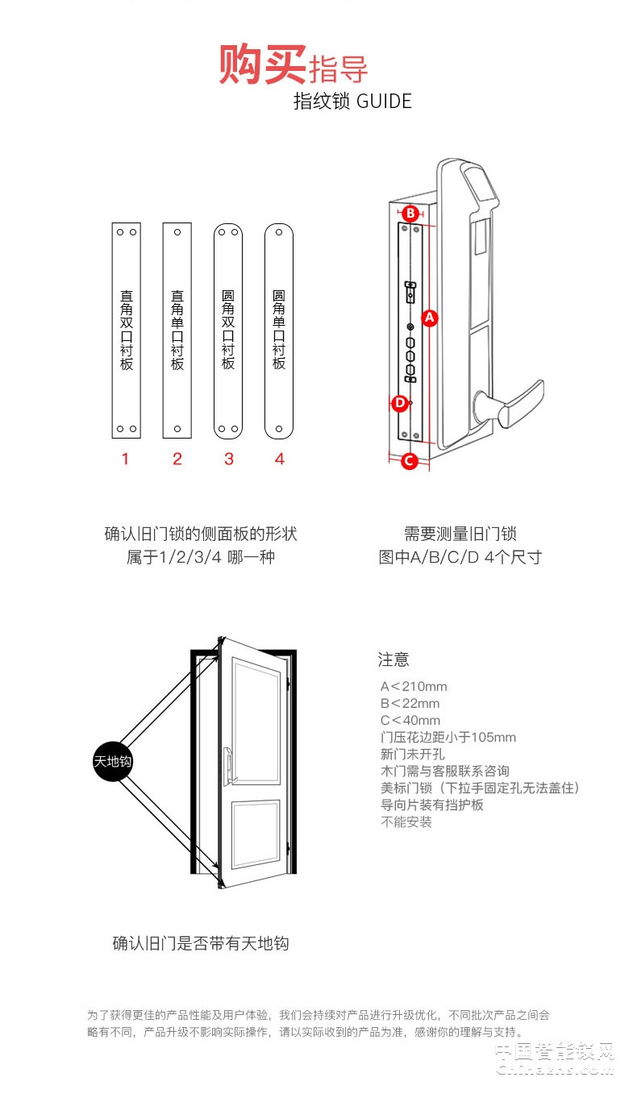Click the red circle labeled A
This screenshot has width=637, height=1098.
pyautogui.click(x=429, y=318)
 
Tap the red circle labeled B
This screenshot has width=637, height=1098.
pyautogui.click(x=410, y=214)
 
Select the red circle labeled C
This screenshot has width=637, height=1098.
pyautogui.click(x=409, y=461)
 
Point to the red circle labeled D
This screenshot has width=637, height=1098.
pyautogui.click(x=399, y=402)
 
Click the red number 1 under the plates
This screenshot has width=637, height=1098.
pyautogui.click(x=125, y=460)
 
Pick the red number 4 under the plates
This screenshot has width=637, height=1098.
pyautogui.click(x=279, y=460)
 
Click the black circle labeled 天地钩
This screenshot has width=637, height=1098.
pyautogui.click(x=113, y=761)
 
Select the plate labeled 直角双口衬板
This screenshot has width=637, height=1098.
pyautogui.click(x=126, y=331)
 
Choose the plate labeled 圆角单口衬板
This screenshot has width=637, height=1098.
pyautogui.click(x=279, y=331)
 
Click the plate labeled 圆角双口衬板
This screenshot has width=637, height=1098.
pyautogui.click(x=228, y=331)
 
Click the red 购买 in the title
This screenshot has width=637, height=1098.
pyautogui.click(x=262, y=64)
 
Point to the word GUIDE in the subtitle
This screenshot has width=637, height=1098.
pyautogui.click(x=384, y=102)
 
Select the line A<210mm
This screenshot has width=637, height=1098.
pyautogui.click(x=414, y=687)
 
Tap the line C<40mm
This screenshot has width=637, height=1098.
pyautogui.click(x=410, y=721)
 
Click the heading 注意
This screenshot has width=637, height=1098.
pyautogui.click(x=393, y=659)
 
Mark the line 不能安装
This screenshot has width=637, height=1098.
pyautogui.click(x=406, y=822)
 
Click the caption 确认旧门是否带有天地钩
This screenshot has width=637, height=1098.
pyautogui.click(x=201, y=943)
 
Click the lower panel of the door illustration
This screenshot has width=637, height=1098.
pyautogui.click(x=255, y=834)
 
